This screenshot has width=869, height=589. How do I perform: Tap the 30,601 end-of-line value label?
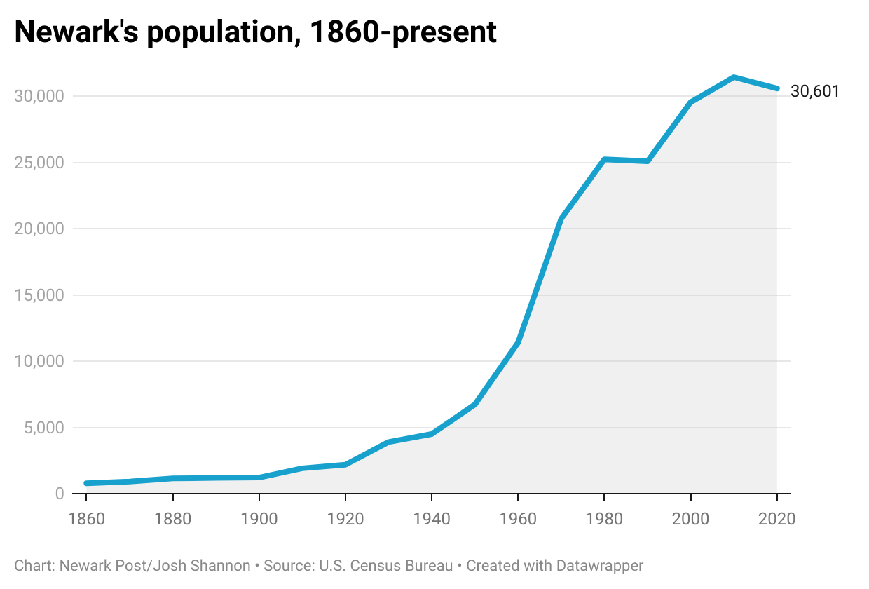814,91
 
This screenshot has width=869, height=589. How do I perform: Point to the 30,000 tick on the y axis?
39,96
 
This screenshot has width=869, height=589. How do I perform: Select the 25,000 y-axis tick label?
39,163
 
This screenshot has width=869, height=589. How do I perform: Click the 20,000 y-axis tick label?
39,229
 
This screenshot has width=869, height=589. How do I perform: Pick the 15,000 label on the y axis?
39,295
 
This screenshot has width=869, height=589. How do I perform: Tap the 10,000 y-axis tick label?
39,361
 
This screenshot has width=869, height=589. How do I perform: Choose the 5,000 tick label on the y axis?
43,428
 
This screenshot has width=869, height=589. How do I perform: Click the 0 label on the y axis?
59,494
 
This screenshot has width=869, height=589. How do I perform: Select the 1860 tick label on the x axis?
86,520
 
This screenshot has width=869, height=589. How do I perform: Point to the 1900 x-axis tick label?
259,520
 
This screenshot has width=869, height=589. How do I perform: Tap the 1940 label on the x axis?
432,520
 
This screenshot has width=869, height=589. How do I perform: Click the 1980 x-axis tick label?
604,520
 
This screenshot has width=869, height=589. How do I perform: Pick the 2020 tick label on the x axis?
776,520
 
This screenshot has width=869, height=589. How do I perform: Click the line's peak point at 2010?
734,77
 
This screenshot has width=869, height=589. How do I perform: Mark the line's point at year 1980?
604,159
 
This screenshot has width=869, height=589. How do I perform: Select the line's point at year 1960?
518,343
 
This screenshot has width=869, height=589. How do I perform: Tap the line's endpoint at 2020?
776,88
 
